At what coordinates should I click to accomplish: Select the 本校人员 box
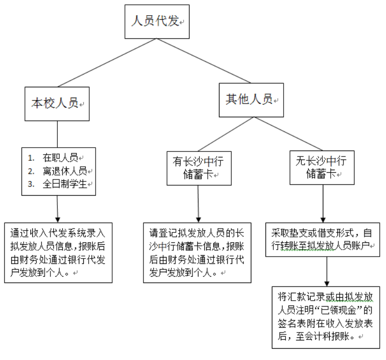57,103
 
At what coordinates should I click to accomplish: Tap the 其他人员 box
251,100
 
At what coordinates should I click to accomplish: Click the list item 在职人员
60,158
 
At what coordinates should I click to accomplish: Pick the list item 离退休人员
65,171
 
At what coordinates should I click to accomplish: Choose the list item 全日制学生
65,184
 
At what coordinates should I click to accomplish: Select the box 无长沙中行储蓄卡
321,167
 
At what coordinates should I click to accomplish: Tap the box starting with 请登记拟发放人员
197,252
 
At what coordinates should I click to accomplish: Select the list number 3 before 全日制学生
31,184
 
